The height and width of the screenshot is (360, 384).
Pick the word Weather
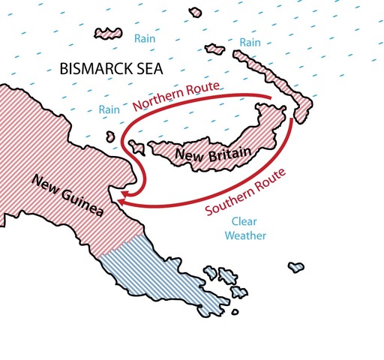click(x=247, y=235)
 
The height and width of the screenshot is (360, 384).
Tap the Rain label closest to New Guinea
click(x=109, y=110)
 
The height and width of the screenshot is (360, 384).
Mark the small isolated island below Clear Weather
click(x=296, y=266)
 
